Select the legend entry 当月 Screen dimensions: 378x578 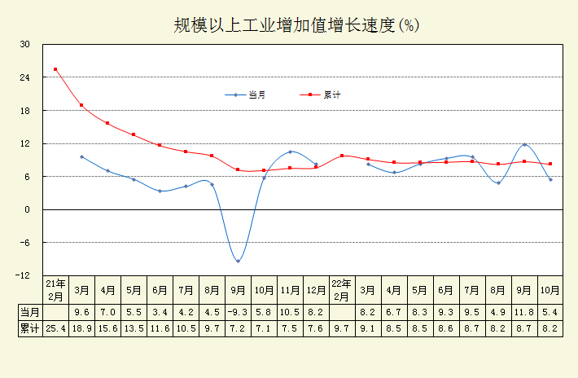click(x=256, y=95)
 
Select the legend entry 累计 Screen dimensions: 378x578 click(x=331, y=95)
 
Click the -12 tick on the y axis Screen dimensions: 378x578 click(x=25, y=275)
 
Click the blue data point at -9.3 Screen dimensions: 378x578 click(x=238, y=261)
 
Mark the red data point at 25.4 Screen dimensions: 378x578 click(x=55, y=69)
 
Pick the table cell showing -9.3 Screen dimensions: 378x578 click(x=238, y=312)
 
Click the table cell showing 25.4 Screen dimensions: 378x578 click(x=55, y=327)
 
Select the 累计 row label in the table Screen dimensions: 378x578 click(x=30, y=327)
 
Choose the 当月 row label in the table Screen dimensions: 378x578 click(x=30, y=312)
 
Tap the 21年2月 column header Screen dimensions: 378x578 click(x=55, y=289)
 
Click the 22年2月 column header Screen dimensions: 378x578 click(x=342, y=289)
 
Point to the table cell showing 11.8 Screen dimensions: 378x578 click(x=524, y=312)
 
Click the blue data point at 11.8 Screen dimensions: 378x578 click(x=524, y=144)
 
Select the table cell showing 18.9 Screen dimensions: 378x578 click(x=81, y=327)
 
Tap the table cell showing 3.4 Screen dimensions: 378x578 click(x=160, y=312)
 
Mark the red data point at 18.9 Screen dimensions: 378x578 click(x=81, y=105)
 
